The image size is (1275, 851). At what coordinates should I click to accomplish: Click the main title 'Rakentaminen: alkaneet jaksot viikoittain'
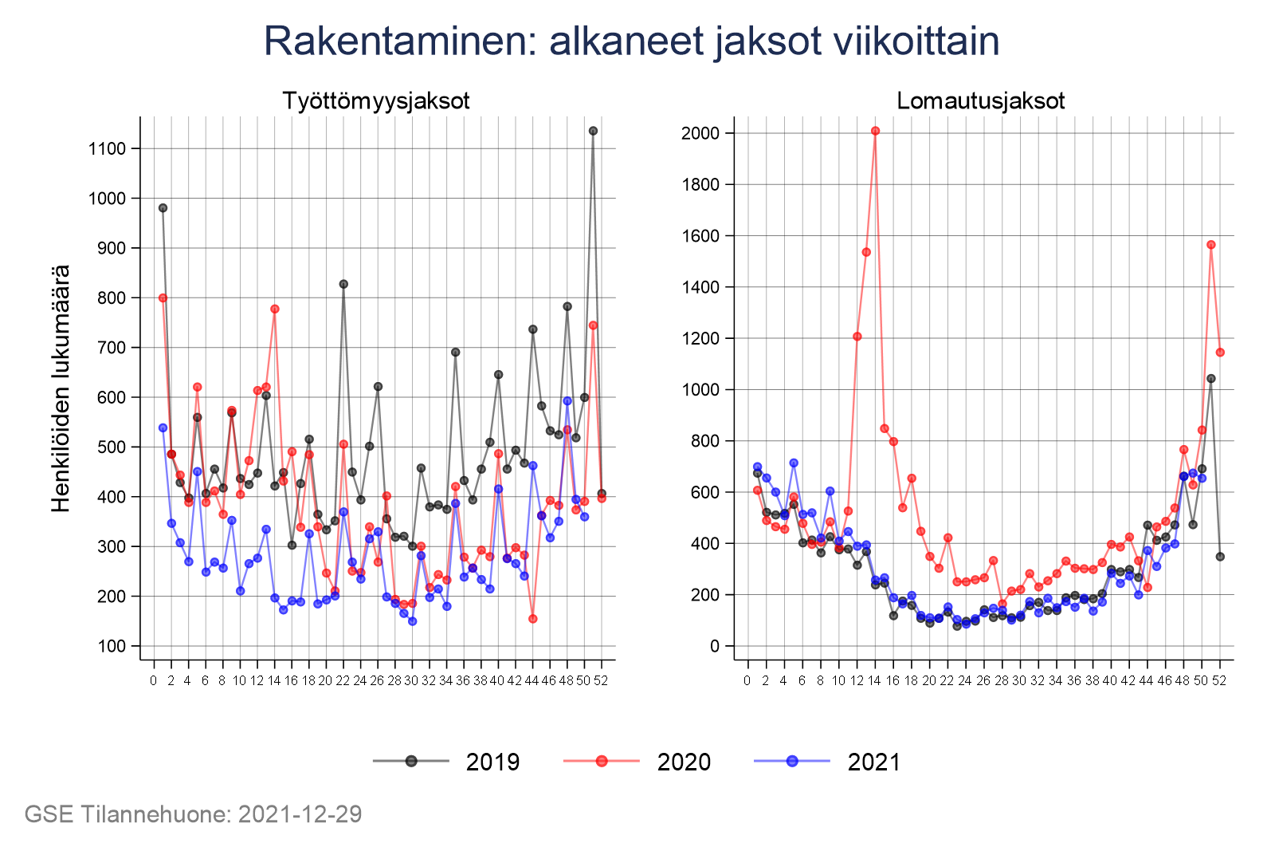631,41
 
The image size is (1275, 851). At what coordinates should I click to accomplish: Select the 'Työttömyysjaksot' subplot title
375,101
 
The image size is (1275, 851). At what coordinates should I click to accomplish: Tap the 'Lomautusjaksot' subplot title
980,101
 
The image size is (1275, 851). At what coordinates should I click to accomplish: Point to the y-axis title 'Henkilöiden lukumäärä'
61,388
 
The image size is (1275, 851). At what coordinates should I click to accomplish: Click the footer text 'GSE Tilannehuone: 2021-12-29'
194,814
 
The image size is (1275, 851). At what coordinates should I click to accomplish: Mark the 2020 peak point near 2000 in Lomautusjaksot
875,131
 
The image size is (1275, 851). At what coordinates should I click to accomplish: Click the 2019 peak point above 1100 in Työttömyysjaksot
593,131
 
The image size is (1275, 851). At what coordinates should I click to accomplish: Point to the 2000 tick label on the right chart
700,133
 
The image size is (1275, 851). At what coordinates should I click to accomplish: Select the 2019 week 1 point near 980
163,208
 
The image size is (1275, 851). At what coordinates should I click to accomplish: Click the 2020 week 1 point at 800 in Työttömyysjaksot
163,297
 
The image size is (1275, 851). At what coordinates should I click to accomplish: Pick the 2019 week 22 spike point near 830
343,284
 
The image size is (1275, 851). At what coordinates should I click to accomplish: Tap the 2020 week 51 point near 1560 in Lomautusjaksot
1211,245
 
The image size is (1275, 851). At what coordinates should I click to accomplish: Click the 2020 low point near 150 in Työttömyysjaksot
533,619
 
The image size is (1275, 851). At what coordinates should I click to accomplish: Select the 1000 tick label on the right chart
700,390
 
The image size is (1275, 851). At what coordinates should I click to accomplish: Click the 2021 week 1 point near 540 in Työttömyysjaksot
163,427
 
